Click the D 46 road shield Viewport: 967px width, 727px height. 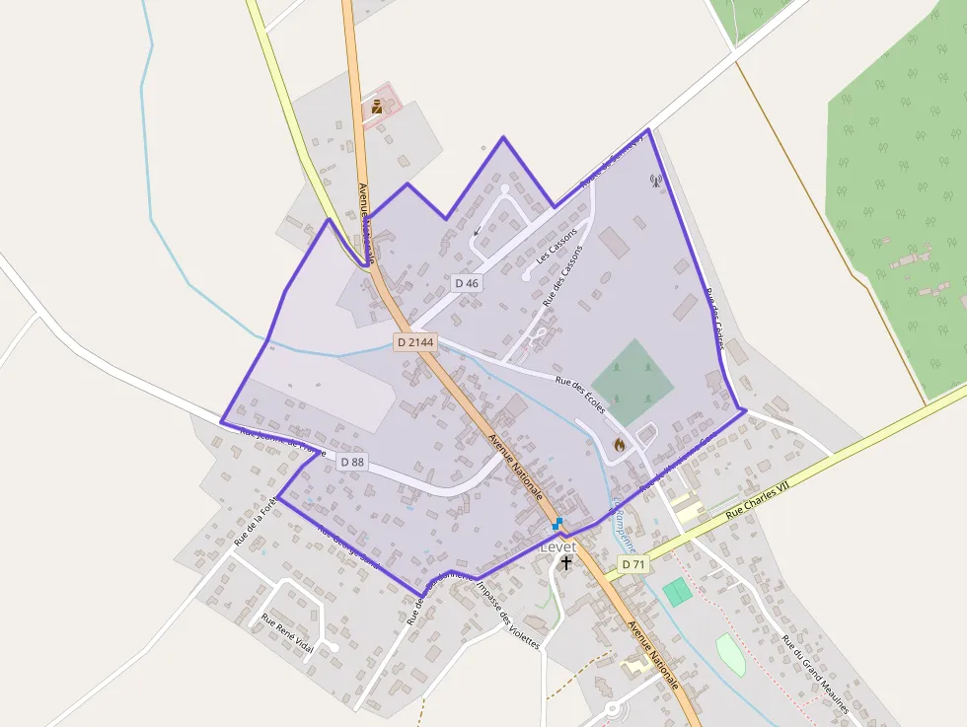467,283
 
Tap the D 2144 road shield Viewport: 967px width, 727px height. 415,341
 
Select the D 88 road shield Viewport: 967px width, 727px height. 352,462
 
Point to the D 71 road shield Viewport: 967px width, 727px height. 632,563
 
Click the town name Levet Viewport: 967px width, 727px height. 558,546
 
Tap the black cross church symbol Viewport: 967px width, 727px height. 566,563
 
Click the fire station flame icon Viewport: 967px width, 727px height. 620,445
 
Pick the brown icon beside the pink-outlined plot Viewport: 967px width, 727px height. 377,106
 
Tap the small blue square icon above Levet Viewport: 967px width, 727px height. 558,524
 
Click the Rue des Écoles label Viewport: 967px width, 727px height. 580,394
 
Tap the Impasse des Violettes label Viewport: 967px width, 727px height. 507,614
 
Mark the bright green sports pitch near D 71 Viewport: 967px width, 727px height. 677,592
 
